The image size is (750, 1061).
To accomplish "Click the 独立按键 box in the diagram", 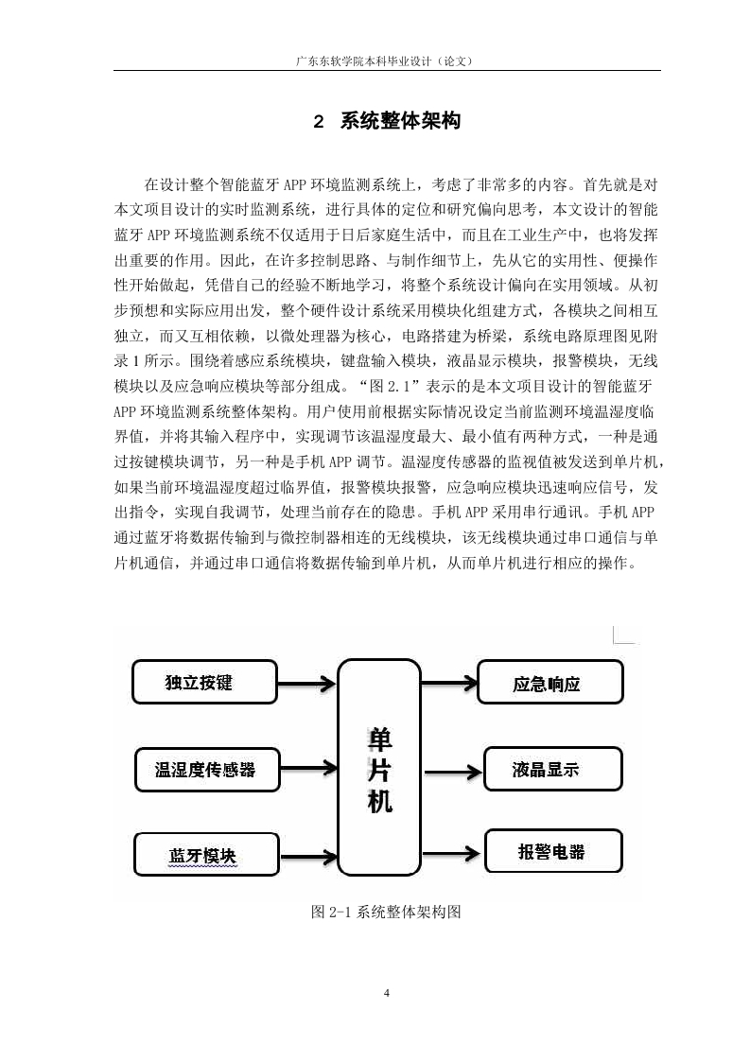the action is point(204,682).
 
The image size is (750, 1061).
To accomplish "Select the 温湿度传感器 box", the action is point(207,770).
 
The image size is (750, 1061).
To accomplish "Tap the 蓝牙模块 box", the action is point(206,855).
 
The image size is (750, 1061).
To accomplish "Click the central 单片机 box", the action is point(379,767).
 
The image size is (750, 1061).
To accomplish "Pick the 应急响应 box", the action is point(550,683).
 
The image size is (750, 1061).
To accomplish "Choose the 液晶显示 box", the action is point(552,769).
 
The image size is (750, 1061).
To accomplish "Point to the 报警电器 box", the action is point(553,851).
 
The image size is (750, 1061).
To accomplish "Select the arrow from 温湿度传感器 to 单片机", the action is point(308,768).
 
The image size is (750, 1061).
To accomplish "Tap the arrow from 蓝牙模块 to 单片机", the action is point(308,858).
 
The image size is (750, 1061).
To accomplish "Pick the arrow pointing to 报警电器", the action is point(453,853).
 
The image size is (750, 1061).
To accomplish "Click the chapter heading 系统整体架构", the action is point(400,120).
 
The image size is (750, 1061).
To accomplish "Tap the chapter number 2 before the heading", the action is point(318,122).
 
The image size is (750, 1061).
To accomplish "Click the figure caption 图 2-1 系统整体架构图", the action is point(386,912).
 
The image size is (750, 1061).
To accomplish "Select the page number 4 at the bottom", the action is point(387,993).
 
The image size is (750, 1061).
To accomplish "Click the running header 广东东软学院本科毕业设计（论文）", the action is point(385,61).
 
